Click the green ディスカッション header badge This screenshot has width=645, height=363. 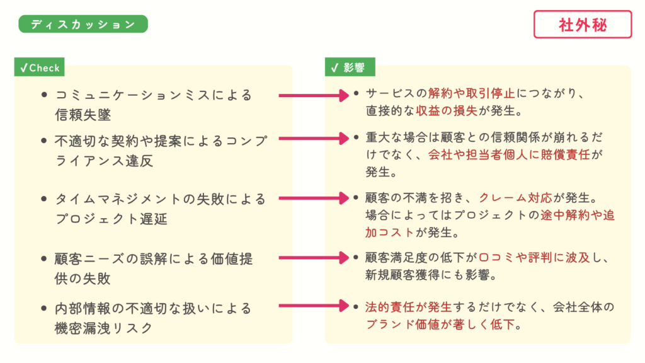(83, 24)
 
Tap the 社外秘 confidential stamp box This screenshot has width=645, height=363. (583, 25)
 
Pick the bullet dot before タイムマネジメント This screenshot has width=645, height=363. (43, 199)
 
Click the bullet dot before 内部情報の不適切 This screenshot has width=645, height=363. (43, 309)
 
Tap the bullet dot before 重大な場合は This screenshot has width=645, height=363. (357, 137)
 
